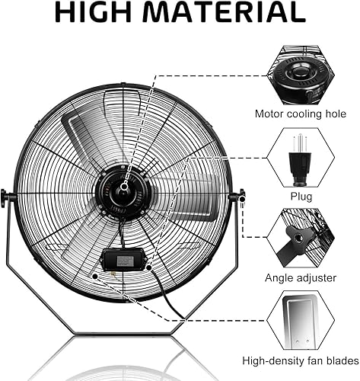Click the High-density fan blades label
click(300, 360)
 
